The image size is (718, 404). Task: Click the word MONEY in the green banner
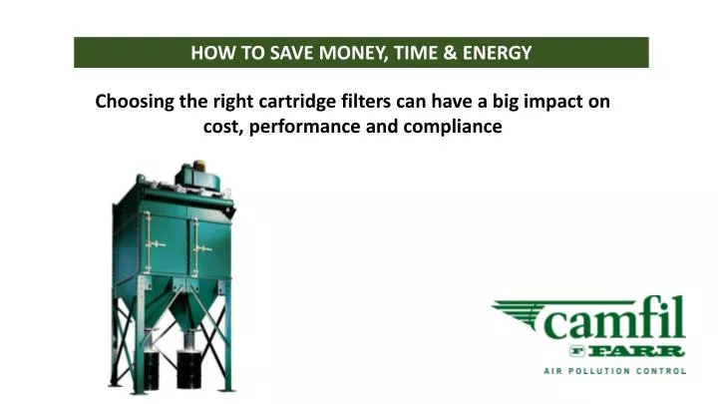click(x=346, y=53)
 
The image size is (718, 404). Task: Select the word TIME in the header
click(x=410, y=53)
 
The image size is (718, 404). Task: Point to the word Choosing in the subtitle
click(x=133, y=102)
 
